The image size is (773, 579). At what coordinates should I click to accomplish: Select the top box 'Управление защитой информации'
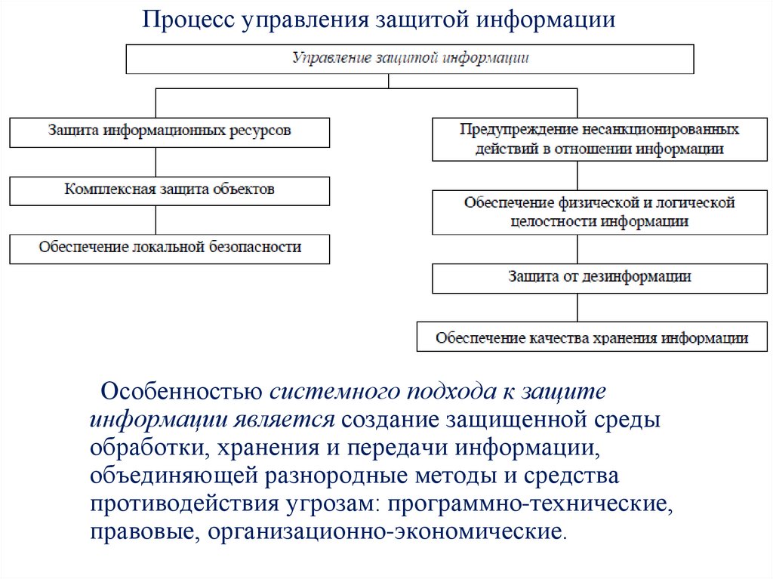point(410,59)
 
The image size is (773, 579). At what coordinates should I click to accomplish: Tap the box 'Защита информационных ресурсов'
point(169,131)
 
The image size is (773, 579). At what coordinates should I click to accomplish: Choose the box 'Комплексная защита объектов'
point(169,190)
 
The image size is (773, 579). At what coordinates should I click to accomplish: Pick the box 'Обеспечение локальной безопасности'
point(169,248)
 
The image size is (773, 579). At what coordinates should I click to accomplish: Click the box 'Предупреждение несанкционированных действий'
point(599,139)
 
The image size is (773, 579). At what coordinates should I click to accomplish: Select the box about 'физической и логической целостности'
point(599,213)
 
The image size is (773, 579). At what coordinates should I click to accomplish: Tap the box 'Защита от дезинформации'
point(599,278)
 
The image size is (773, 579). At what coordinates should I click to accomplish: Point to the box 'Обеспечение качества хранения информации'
point(592,337)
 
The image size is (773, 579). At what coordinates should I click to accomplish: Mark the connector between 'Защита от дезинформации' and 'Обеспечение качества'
point(577,308)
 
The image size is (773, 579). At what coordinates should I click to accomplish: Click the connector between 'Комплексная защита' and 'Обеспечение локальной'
point(156,220)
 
